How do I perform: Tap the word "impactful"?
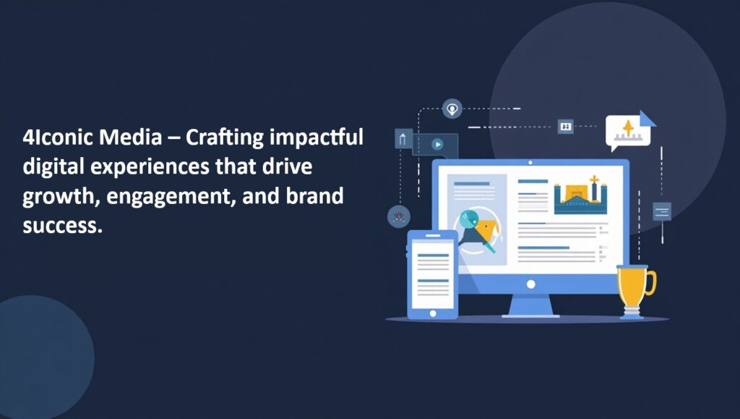317,138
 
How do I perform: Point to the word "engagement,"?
171,197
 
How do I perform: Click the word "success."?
62,226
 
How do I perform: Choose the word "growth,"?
61,197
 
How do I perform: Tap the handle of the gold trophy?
651,282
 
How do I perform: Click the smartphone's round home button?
433,313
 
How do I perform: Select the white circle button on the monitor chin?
531,284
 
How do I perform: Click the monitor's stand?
531,306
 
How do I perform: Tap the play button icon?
437,144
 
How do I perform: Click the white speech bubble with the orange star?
628,131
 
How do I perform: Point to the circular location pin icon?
452,109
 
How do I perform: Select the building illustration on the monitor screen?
580,195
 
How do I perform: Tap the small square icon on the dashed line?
565,126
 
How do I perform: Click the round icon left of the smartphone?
399,217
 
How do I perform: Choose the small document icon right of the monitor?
662,211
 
